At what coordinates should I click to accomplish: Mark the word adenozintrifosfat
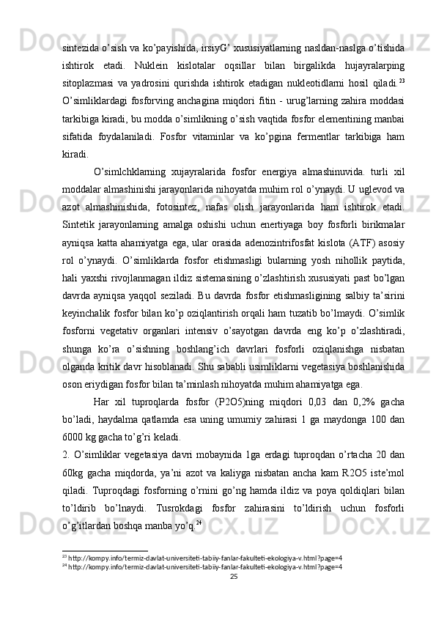291,240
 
